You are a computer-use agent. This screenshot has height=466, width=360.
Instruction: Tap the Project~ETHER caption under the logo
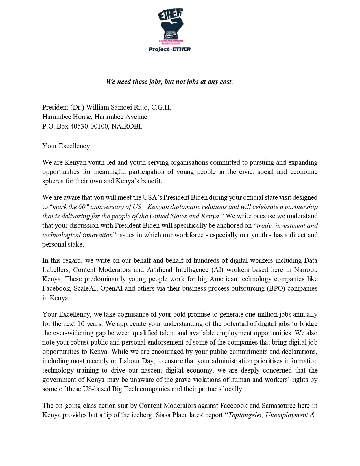(x=170, y=49)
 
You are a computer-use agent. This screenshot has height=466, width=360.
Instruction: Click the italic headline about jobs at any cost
(x=169, y=82)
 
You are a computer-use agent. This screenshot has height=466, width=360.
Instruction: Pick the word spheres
(x=53, y=181)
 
